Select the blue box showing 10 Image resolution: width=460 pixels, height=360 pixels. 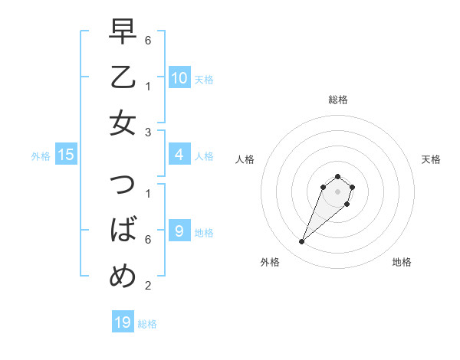pyautogui.click(x=179, y=77)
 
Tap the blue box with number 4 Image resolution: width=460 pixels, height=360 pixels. pyautogui.click(x=179, y=155)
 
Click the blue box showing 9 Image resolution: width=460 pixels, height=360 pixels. pyautogui.click(x=179, y=231)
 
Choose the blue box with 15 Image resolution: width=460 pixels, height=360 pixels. pyautogui.click(x=66, y=155)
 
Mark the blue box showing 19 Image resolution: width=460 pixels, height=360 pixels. pyautogui.click(x=123, y=322)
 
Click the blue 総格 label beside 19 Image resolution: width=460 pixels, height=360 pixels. pyautogui.click(x=147, y=324)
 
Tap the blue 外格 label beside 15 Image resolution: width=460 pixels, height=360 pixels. pyautogui.click(x=41, y=156)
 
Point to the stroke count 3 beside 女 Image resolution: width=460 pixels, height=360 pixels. pyautogui.click(x=148, y=133)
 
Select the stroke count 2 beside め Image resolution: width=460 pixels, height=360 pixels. pyautogui.click(x=148, y=286)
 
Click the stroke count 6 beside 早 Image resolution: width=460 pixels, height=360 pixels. pyautogui.click(x=148, y=38)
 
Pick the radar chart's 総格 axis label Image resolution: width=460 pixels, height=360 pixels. pyautogui.click(x=337, y=100)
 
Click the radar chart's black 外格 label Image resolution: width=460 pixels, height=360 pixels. pyautogui.click(x=270, y=262)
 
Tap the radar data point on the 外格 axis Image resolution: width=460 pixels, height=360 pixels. pyautogui.click(x=302, y=242)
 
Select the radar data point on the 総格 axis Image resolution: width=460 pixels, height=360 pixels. pyautogui.click(x=337, y=177)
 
